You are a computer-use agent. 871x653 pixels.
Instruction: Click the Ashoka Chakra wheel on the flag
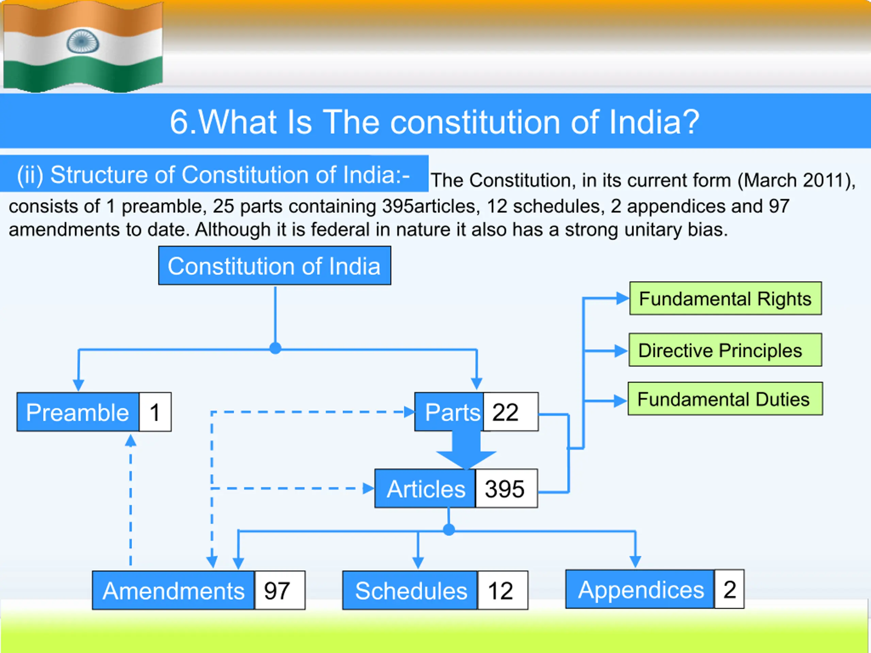83,42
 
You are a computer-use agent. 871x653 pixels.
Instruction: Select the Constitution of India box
275,266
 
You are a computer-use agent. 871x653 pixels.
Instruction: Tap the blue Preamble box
78,412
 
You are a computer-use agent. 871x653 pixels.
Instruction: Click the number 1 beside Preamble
155,412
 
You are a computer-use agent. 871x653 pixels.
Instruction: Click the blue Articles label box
425,488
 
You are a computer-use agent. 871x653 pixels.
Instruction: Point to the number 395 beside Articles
506,488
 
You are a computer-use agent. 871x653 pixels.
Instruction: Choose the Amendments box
173,590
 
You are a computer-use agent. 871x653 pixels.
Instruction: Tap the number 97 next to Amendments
280,590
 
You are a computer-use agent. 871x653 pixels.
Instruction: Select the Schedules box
410,590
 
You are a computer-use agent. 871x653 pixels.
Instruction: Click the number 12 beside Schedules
503,590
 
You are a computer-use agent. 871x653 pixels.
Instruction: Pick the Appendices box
640,589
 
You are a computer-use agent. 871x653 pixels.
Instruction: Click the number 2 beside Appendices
729,589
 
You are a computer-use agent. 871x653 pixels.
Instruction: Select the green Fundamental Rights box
726,298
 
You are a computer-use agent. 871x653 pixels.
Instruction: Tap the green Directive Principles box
725,350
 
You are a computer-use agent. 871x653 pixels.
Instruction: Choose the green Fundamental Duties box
725,399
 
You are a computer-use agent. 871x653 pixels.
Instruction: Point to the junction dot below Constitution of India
275,348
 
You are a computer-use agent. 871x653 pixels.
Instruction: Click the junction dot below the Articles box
449,530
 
